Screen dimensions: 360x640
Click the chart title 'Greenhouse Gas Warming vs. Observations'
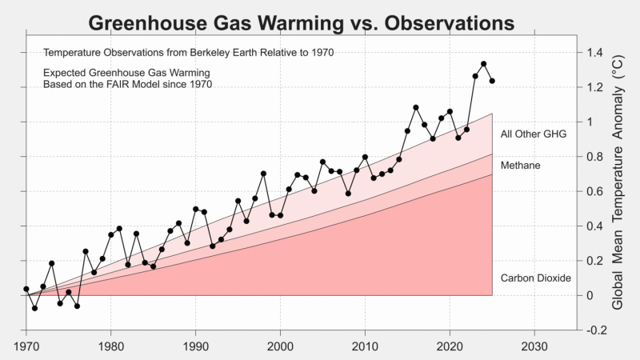(301, 23)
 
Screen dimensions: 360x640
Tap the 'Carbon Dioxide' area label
(535, 278)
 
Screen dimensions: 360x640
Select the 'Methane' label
(520, 165)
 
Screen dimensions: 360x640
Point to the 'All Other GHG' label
(533, 134)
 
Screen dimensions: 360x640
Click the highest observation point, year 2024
(484, 64)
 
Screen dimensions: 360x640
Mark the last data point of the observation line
(492, 81)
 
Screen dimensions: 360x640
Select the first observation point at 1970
(26, 289)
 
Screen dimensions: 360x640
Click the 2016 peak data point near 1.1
(416, 107)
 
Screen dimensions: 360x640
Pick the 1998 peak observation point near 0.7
(263, 174)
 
